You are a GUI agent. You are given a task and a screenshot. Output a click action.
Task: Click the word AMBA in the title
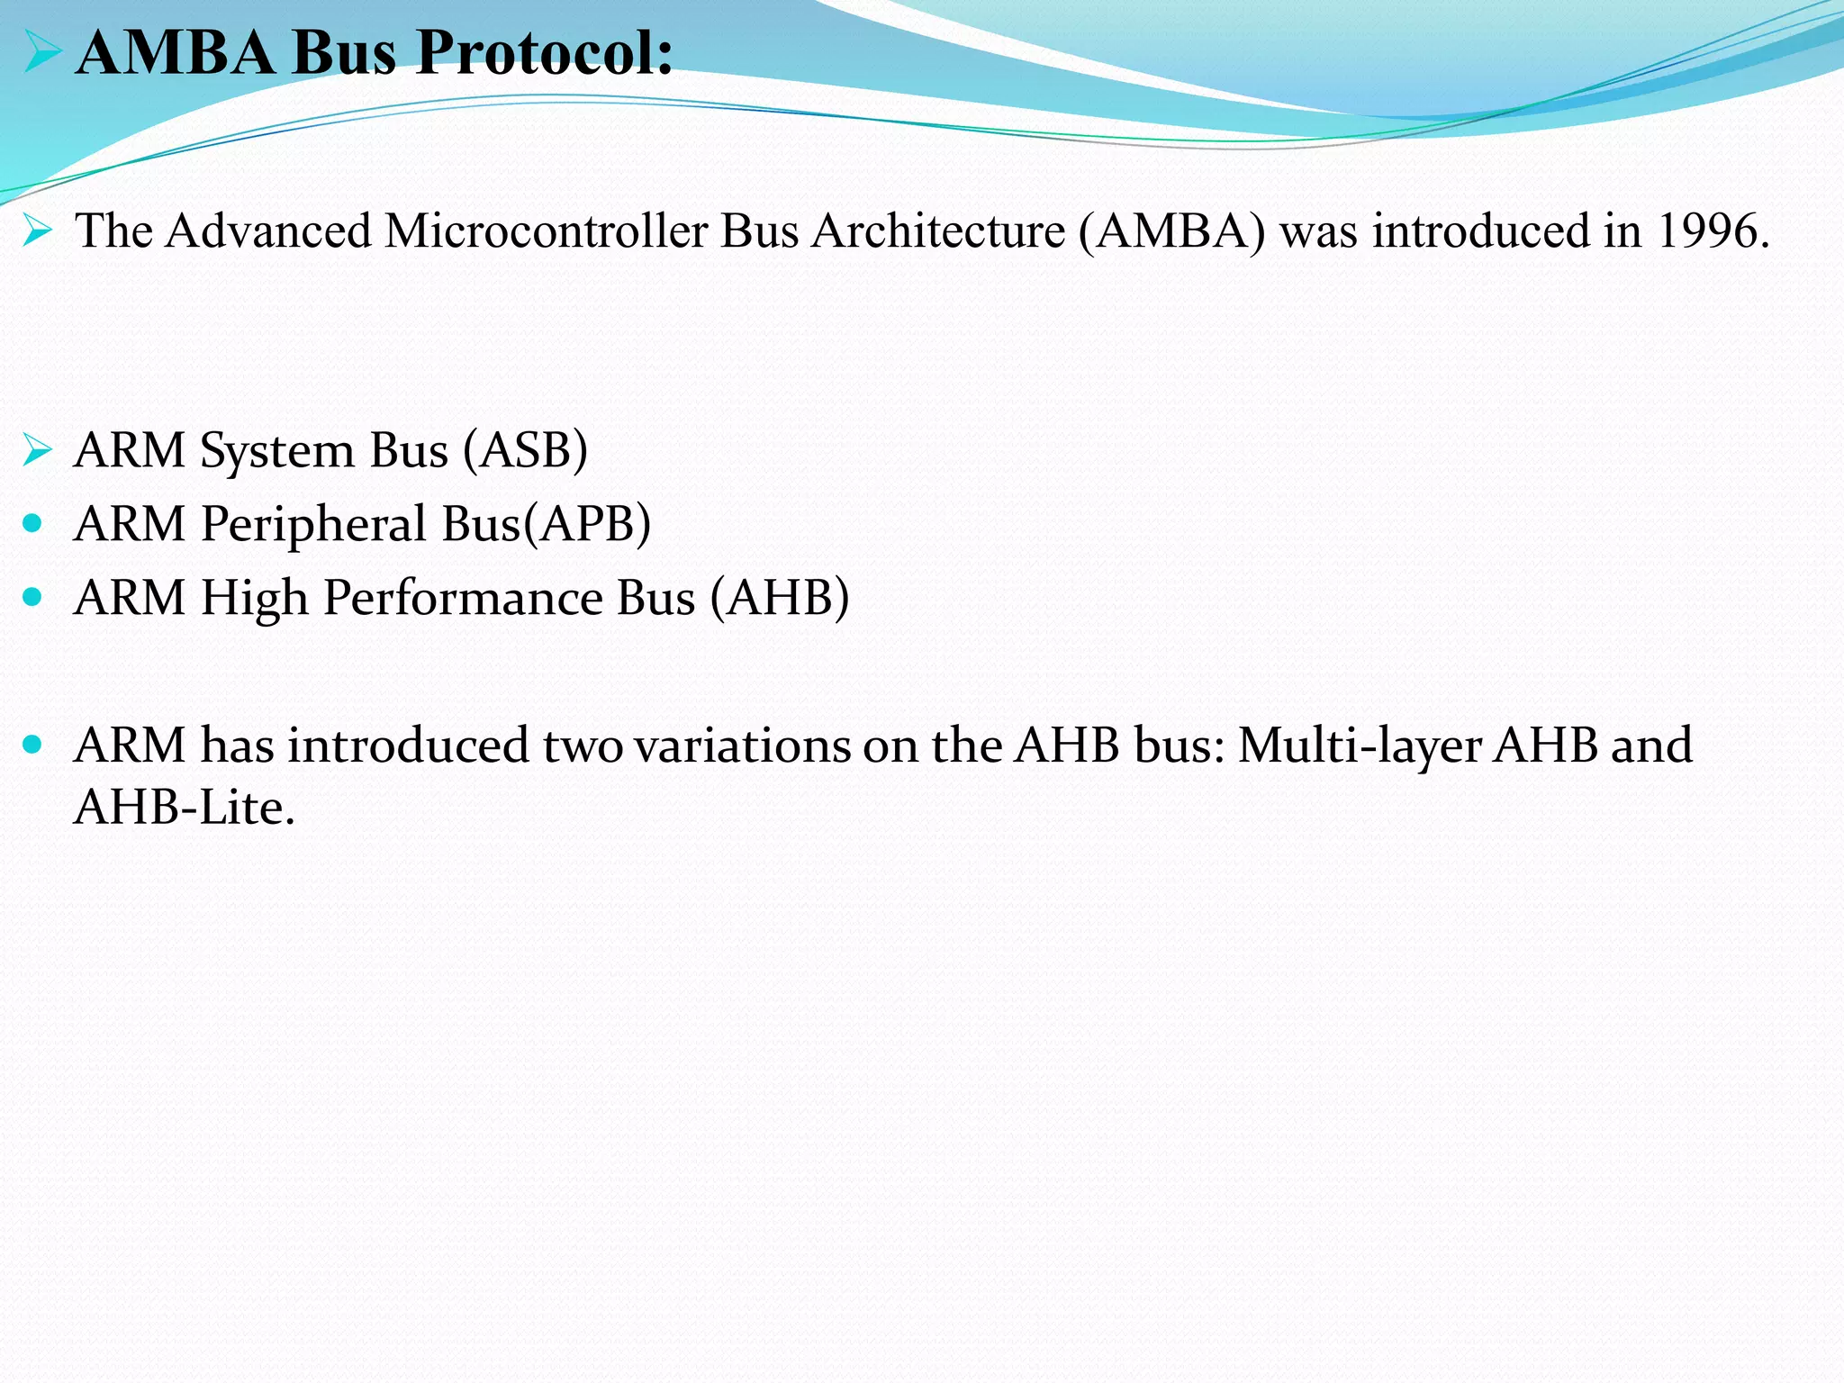(x=176, y=52)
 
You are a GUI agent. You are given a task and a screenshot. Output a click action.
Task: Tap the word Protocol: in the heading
(x=544, y=52)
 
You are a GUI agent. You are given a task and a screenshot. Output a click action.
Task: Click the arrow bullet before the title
(x=41, y=52)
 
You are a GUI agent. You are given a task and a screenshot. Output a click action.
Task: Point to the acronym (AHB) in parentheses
(x=780, y=598)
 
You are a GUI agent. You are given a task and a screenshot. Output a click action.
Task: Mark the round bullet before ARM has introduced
(x=33, y=744)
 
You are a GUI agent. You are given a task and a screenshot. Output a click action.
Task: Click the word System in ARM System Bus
(x=277, y=450)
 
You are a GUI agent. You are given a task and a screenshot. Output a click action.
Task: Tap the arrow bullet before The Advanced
(x=38, y=230)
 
